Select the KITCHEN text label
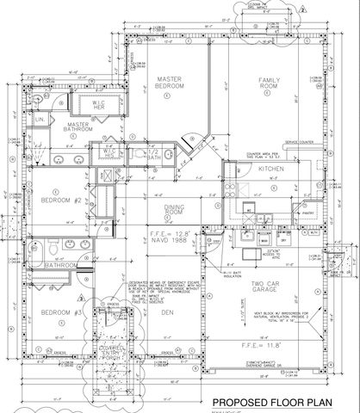[271, 170]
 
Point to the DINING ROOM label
[176, 209]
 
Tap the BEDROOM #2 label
[60, 200]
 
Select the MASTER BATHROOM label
[84, 128]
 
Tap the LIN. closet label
[40, 120]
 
